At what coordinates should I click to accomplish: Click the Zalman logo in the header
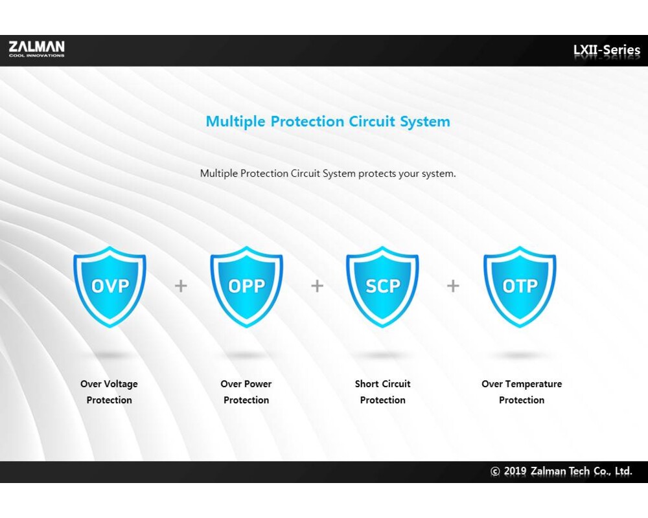tap(37, 49)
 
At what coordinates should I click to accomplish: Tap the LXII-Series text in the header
tap(607, 50)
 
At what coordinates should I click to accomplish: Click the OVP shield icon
tap(110, 287)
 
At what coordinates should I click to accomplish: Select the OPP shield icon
tap(246, 287)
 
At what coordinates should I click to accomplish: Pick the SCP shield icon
tap(382, 287)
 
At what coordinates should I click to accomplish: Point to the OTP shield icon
tap(520, 287)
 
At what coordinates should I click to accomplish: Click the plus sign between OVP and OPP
tap(181, 286)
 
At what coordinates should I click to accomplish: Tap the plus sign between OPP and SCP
tap(317, 286)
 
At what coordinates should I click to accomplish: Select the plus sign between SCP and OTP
tap(453, 286)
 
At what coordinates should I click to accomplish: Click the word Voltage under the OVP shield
tap(121, 384)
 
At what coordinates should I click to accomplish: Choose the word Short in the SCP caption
tap(367, 384)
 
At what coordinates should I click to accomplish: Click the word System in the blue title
tap(425, 122)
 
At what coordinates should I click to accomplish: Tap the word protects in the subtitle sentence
tap(377, 174)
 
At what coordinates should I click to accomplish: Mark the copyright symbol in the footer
tap(495, 471)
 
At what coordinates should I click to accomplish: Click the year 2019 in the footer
tap(515, 471)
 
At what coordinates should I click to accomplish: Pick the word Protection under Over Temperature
tap(522, 400)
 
